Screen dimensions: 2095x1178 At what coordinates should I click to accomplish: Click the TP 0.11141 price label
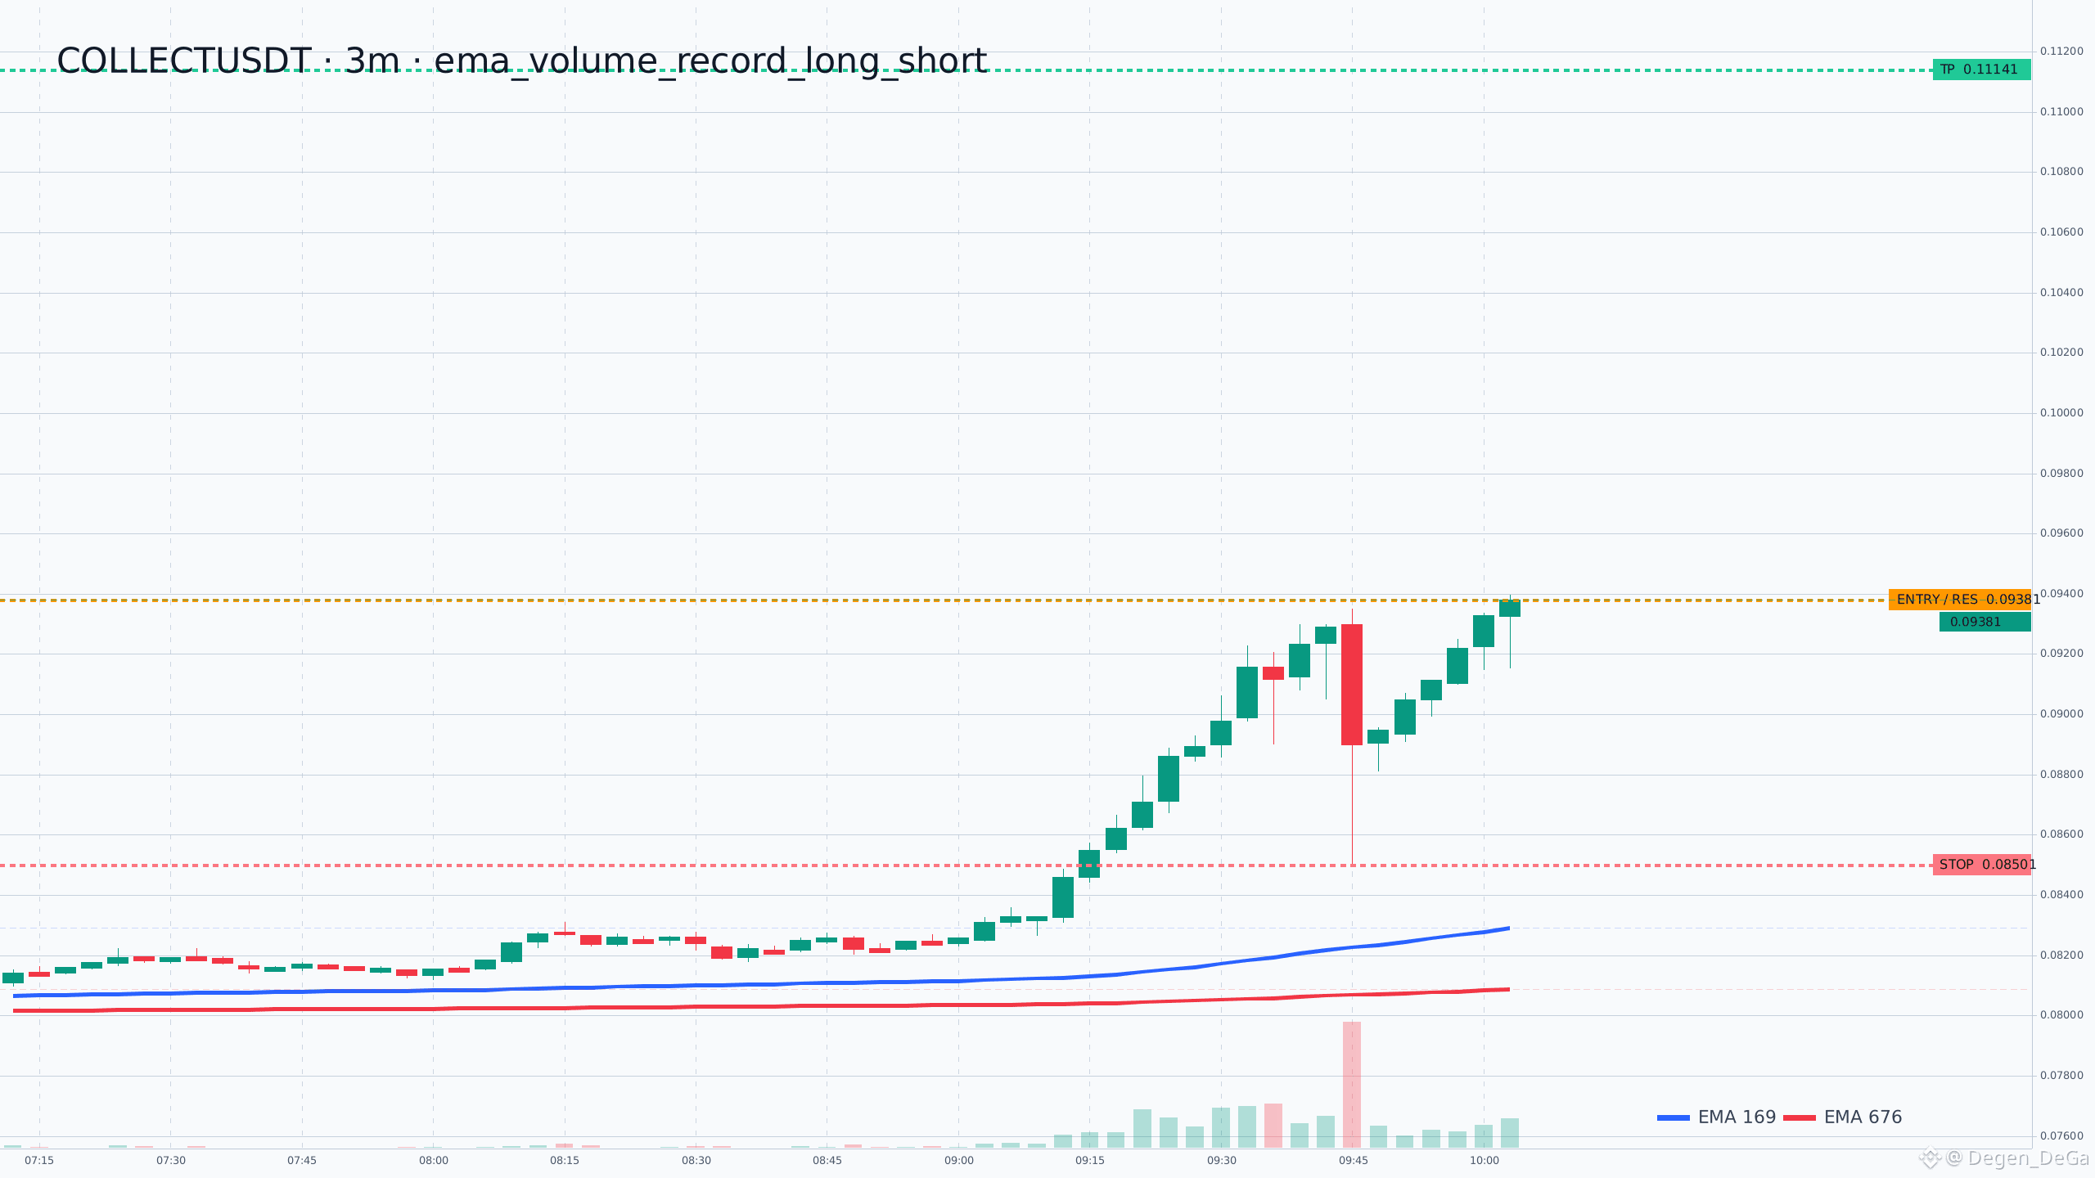(x=1981, y=70)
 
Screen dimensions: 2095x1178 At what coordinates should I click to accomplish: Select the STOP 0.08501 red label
(x=1981, y=865)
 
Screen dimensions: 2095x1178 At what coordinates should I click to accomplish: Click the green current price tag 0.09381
(x=1985, y=622)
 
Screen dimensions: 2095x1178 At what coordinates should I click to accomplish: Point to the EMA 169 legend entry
(x=1716, y=1117)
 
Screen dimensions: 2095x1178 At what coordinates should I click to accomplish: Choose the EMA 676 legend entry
(x=1843, y=1117)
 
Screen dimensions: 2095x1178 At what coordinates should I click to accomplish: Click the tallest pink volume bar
(x=1352, y=1085)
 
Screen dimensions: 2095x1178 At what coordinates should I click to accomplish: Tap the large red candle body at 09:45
(x=1352, y=685)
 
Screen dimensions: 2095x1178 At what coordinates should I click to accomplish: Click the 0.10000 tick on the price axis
(x=2061, y=413)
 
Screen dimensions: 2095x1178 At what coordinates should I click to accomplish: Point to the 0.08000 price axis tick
(x=2061, y=1015)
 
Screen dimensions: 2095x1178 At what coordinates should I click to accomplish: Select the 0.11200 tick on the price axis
(x=2061, y=52)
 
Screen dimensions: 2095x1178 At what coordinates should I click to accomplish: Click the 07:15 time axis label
(x=39, y=1161)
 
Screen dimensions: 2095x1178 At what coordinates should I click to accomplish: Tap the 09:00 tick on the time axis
(x=959, y=1161)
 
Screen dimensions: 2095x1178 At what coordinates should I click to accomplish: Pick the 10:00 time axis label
(x=1485, y=1161)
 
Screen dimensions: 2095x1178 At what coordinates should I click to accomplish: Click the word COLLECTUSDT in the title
(x=184, y=61)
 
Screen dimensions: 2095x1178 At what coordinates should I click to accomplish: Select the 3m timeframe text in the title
(x=372, y=61)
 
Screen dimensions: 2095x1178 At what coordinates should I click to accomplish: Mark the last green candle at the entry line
(x=1510, y=608)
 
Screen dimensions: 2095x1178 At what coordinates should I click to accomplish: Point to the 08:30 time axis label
(x=696, y=1161)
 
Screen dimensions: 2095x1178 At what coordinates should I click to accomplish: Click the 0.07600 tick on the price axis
(x=2061, y=1136)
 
